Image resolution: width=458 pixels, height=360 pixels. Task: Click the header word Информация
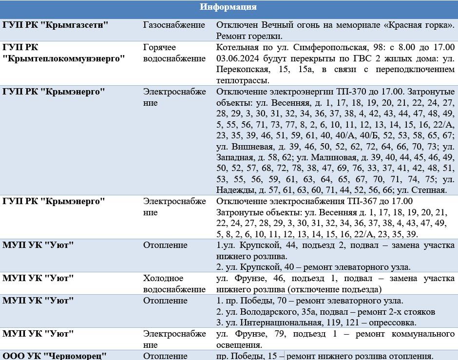pos(229,7)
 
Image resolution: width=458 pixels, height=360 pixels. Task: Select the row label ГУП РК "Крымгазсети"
pos(55,25)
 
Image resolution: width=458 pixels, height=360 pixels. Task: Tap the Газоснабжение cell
pos(174,25)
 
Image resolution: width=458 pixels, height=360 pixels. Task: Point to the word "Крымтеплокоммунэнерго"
pos(64,58)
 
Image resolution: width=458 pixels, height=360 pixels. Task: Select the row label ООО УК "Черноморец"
pos(55,356)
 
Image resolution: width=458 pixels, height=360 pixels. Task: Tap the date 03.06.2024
pos(238,59)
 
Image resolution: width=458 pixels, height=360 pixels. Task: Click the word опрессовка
pos(393,322)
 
